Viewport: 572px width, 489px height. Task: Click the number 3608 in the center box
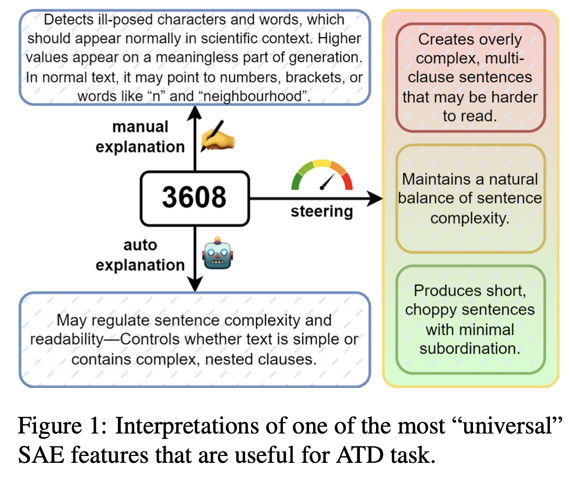(x=194, y=197)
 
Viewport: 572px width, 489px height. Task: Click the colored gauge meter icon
(x=322, y=175)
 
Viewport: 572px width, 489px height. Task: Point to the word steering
(x=322, y=212)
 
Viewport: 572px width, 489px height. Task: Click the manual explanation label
(x=140, y=137)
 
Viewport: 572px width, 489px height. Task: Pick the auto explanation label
(x=140, y=255)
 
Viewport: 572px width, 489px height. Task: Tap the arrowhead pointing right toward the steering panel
(x=375, y=198)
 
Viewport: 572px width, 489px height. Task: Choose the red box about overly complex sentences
(x=470, y=77)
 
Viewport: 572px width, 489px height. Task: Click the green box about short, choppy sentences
(x=470, y=319)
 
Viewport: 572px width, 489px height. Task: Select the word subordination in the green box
(x=470, y=348)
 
